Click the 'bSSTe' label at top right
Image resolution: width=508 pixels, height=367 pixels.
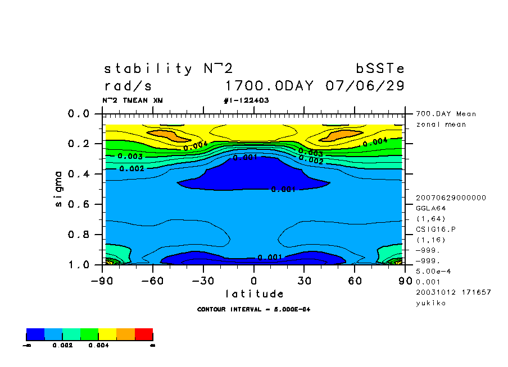tap(380, 69)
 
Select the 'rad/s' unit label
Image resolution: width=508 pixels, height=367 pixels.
tap(128, 86)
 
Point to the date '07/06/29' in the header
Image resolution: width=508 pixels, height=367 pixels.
tap(365, 86)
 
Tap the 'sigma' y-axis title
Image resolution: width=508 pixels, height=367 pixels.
tap(59, 189)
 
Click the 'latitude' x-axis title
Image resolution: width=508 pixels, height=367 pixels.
tap(254, 293)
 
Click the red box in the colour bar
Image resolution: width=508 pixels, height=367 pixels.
tap(144, 335)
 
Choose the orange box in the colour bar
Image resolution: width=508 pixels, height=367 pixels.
tap(125, 335)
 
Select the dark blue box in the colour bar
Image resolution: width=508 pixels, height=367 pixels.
tap(35, 335)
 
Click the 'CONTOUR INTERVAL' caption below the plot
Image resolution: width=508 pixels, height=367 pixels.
tap(254, 309)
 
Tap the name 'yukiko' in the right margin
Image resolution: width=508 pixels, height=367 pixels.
tap(431, 303)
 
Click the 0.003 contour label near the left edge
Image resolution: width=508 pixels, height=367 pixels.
tap(130, 156)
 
